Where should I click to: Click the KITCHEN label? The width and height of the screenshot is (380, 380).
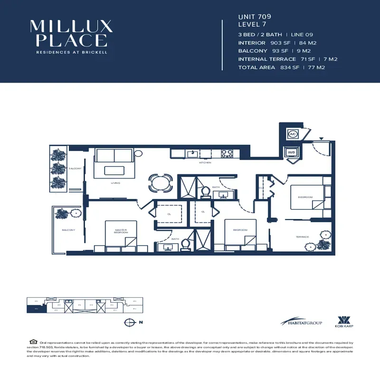pyautogui.click(x=205, y=163)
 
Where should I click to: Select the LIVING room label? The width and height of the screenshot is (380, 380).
pyautogui.click(x=115, y=183)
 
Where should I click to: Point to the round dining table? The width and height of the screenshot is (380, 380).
pyautogui.click(x=160, y=182)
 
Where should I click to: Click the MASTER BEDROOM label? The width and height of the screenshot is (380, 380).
pyautogui.click(x=121, y=231)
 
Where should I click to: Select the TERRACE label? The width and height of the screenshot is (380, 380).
pyautogui.click(x=302, y=237)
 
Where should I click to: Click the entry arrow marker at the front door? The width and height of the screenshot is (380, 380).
pyautogui.click(x=322, y=139)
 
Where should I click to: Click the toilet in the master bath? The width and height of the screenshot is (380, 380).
pyautogui.click(x=186, y=244)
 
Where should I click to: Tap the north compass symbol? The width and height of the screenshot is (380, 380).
pyautogui.click(x=128, y=322)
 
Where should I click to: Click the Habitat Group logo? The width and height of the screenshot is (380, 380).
pyautogui.click(x=301, y=322)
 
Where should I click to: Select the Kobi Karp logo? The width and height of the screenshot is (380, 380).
pyautogui.click(x=343, y=321)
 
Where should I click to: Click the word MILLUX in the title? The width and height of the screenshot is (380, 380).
pyautogui.click(x=71, y=26)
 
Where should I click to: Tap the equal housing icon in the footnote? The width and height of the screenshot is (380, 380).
pyautogui.click(x=33, y=342)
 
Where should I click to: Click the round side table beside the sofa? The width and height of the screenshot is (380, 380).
pyautogui.click(x=138, y=153)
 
